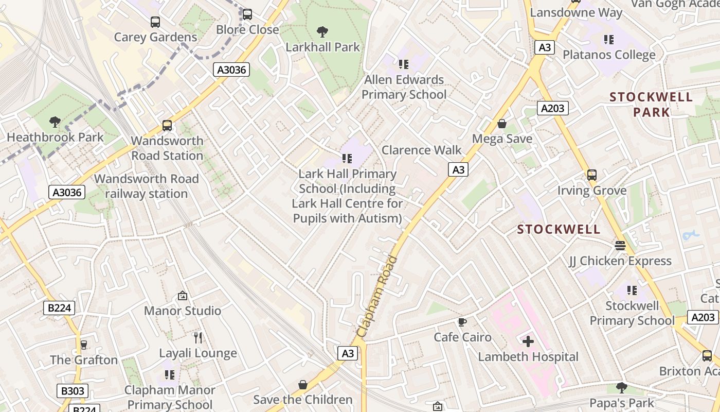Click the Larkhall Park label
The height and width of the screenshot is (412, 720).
322,47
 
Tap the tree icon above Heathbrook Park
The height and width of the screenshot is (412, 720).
55,122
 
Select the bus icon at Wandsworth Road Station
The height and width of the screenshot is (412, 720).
167,126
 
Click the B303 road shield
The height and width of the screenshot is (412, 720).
72,391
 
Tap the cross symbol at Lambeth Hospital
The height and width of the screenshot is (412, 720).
528,341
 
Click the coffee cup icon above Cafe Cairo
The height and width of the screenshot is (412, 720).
462,322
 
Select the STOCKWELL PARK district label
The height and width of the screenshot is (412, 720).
651,105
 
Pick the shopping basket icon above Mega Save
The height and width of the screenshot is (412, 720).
502,124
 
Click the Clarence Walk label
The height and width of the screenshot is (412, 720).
422,150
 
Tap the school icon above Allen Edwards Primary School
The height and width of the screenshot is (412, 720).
404,64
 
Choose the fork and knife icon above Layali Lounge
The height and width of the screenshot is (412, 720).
198,338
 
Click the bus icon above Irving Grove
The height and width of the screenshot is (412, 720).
592,175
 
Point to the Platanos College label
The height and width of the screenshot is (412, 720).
609,55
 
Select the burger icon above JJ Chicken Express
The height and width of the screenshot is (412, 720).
620,246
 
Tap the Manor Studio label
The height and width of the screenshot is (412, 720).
183,311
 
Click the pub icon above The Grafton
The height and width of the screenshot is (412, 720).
83,345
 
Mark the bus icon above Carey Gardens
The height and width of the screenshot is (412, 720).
155,22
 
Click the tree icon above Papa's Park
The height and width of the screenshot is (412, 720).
622,387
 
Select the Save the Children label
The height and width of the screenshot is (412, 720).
303,400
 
